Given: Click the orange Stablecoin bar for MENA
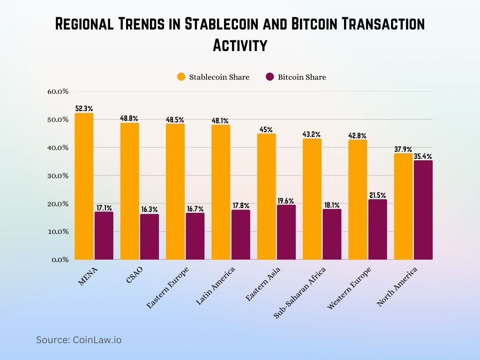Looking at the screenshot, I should coord(84,186).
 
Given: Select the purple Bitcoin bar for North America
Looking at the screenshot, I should coord(423,210).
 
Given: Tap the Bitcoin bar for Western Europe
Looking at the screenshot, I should coord(378,229).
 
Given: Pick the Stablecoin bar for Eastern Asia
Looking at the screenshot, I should coord(266,196).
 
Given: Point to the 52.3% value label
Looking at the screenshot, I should coord(84,109).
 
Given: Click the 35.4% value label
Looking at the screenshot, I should coord(423,156).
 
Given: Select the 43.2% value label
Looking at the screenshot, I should coord(312,134).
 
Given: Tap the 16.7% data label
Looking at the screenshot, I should coord(195,209).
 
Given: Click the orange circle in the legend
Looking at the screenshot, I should coord(181,77).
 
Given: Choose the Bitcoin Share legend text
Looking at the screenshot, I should coord(301,77).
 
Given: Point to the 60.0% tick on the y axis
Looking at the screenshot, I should coord(58,91).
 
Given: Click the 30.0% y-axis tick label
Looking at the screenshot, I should coord(58,176).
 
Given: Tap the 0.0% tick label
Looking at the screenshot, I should coord(60,260).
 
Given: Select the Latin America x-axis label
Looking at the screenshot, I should coord(215,286).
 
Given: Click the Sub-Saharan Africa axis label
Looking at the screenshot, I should coord(300,293).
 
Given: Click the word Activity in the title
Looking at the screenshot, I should coord(240,45).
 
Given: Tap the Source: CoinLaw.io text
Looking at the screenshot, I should coord(79,340).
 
